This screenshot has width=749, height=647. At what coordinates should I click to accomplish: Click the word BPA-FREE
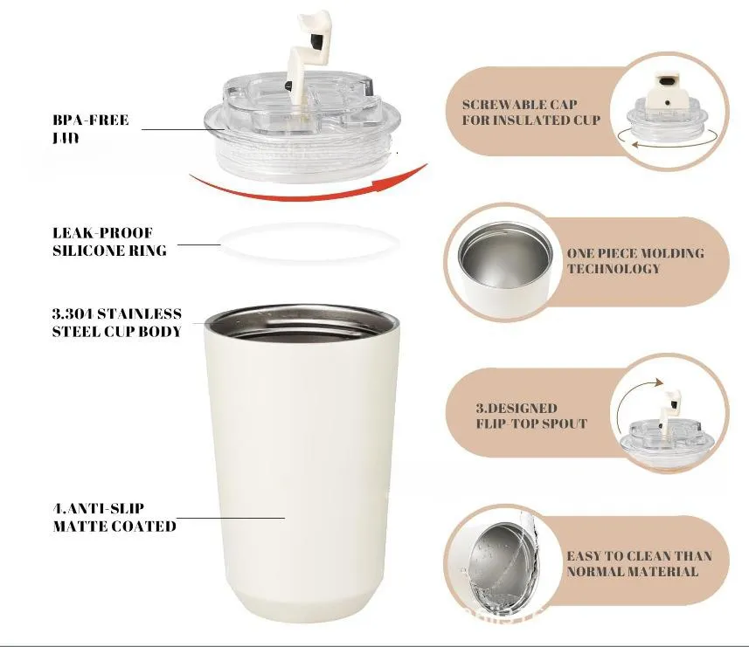90,120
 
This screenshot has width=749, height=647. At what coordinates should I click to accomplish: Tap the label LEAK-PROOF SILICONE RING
109,242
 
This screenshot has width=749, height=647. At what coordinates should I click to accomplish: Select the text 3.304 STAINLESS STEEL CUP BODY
117,322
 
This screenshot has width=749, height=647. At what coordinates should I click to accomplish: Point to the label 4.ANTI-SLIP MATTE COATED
114,517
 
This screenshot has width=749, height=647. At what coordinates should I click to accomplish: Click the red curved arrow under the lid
306,193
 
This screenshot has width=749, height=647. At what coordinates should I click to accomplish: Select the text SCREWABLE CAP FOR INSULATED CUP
531,112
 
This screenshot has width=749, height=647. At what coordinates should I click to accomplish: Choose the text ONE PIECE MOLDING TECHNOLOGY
635,260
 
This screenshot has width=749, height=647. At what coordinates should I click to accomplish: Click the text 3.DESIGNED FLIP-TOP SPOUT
531,416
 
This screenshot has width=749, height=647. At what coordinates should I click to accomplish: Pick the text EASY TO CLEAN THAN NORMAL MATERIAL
639,563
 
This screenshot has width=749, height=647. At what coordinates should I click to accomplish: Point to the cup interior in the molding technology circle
504,260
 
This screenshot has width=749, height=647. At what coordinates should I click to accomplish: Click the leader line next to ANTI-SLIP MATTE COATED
231,518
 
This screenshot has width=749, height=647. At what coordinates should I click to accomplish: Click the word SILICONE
86,251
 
